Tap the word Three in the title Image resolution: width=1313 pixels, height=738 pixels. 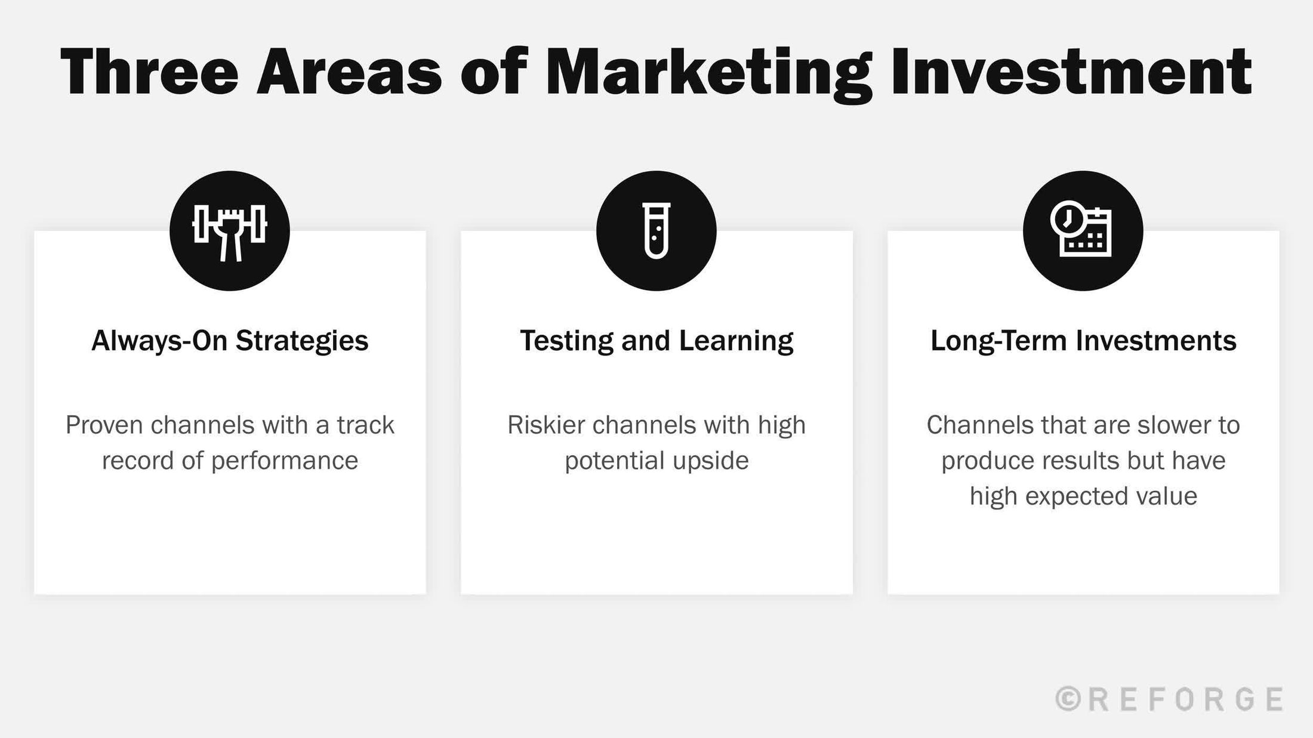pyautogui.click(x=149, y=72)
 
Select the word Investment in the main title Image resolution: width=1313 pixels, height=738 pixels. pyautogui.click(x=1071, y=72)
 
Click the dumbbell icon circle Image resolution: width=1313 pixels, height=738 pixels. pyautogui.click(x=230, y=231)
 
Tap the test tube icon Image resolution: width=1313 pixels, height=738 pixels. pyautogui.click(x=656, y=231)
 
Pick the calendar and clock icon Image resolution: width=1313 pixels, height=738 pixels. pyautogui.click(x=1082, y=231)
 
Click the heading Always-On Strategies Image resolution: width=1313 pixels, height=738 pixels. pyautogui.click(x=230, y=341)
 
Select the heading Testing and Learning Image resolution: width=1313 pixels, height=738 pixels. pyautogui.click(x=656, y=341)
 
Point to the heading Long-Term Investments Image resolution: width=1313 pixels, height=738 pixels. pyautogui.click(x=1083, y=341)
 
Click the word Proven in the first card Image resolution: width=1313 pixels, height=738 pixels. pyautogui.click(x=104, y=425)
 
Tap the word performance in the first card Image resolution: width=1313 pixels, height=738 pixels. pyautogui.click(x=284, y=461)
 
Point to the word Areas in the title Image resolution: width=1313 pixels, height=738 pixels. pyautogui.click(x=349, y=72)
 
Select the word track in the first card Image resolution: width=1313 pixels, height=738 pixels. pyautogui.click(x=365, y=425)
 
